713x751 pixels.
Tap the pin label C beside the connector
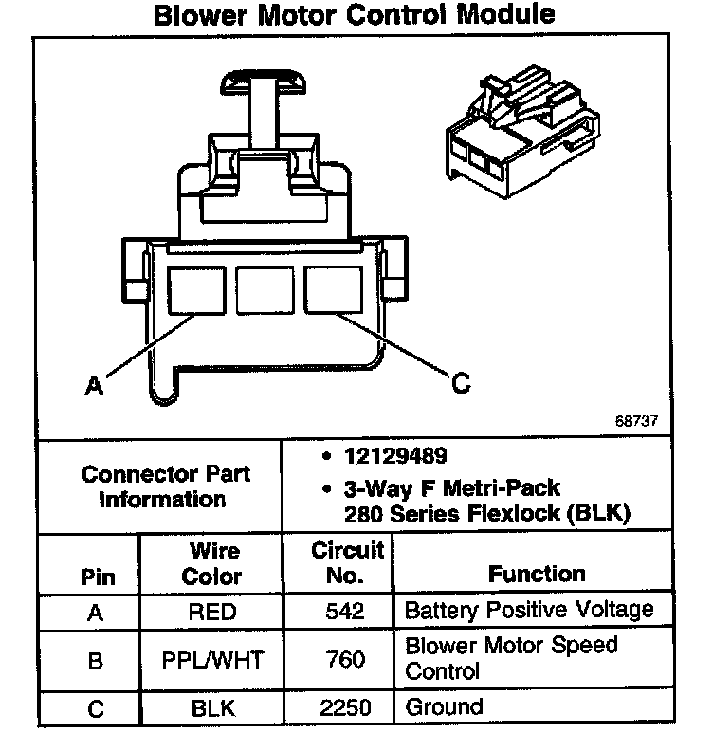(460, 383)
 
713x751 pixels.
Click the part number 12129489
(396, 457)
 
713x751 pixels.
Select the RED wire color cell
(211, 612)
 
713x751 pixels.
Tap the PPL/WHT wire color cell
(211, 659)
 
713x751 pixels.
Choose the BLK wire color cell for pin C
(211, 707)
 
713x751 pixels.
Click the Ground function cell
(444, 706)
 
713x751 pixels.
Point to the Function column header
(537, 574)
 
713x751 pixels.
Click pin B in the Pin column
(94, 659)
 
